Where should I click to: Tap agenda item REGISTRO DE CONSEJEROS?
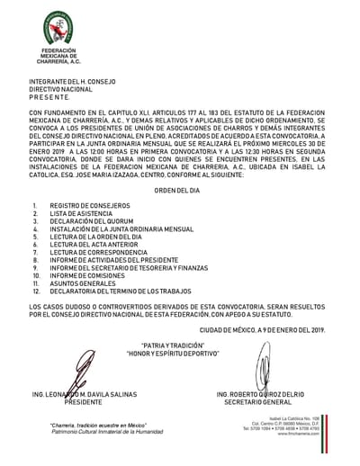90,206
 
